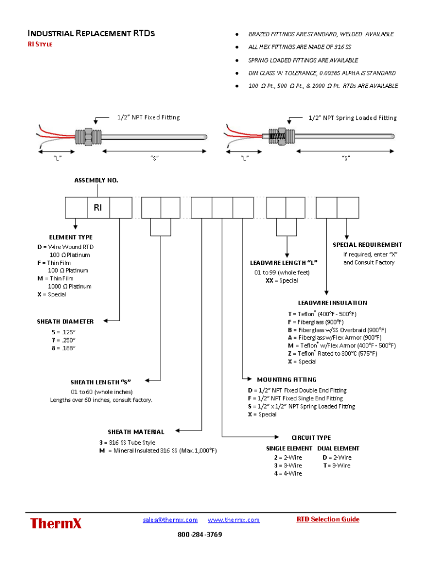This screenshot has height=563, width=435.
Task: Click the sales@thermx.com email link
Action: coord(170,520)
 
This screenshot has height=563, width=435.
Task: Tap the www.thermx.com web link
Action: coord(234,520)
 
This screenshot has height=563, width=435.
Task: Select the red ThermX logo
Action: coord(56,523)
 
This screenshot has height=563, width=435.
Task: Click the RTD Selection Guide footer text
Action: coord(328,519)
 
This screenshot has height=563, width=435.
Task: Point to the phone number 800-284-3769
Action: coord(200,534)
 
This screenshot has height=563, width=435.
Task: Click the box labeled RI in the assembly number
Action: coord(98,207)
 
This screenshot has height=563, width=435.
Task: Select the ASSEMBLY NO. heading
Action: coord(96,180)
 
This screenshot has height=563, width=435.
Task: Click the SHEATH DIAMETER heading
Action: coord(65,321)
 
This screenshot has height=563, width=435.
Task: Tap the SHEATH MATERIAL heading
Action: coord(136,432)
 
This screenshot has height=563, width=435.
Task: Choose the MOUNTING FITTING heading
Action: coord(287,379)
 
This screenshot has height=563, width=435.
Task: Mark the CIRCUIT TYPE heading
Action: coord(311,438)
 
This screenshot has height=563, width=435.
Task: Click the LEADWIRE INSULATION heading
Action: coord(332,302)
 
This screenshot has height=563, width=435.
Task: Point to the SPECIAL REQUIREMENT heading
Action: coord(367,245)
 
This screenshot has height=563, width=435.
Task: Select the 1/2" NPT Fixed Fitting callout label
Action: coord(148,117)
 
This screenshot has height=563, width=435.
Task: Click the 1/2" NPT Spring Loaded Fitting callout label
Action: coord(353,118)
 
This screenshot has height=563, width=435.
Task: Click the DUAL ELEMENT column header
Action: coord(338,449)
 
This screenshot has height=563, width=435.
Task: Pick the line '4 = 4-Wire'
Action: coord(288,473)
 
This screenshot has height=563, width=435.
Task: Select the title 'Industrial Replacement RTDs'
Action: coord(91,34)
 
